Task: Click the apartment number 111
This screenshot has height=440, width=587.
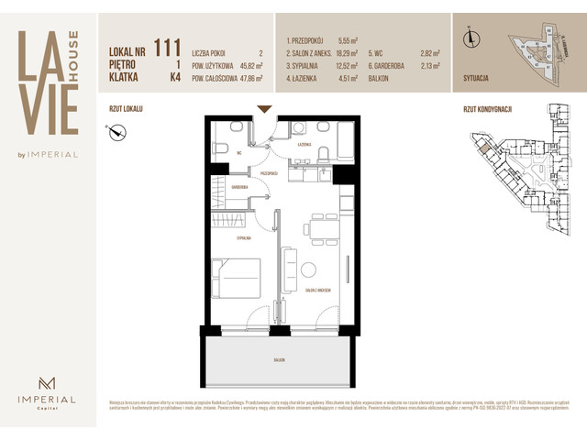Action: click(x=167, y=48)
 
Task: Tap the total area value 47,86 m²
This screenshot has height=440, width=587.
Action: click(x=246, y=79)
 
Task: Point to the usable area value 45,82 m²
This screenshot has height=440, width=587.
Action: click(x=246, y=66)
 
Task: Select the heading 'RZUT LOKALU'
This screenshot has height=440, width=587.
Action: click(x=126, y=108)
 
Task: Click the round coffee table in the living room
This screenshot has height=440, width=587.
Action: click(x=309, y=270)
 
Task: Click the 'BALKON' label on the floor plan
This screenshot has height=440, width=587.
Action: click(x=278, y=360)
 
